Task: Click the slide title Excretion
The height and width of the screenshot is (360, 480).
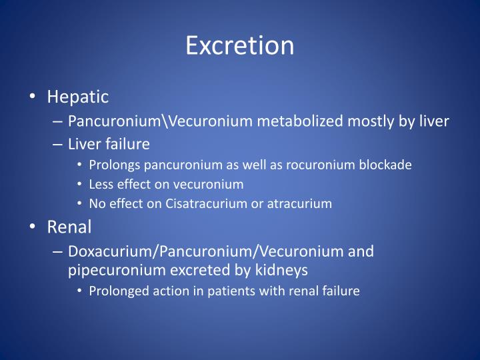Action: coord(239,45)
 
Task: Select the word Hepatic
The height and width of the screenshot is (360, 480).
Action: coord(77,97)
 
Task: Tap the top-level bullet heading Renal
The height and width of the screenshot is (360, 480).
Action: coord(69,227)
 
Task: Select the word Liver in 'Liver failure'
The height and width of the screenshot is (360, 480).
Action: coord(83,144)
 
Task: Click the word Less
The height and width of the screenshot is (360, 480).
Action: coord(101,185)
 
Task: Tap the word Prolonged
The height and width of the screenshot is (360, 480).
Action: coord(115,291)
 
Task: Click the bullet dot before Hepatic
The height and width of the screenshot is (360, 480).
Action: coord(34,97)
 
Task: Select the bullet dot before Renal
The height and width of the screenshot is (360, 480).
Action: coord(34,227)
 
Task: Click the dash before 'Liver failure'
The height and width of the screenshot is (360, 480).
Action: coord(56,144)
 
